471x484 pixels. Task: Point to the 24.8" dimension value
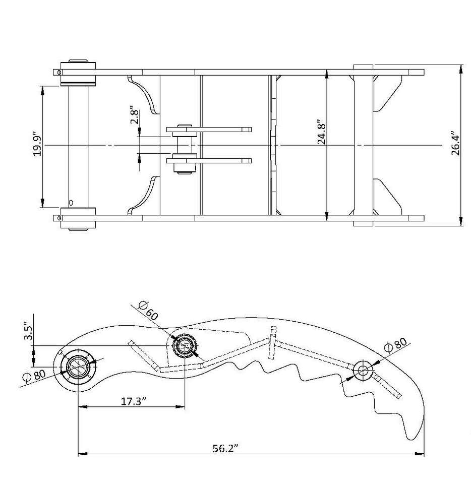pyautogui.click(x=321, y=133)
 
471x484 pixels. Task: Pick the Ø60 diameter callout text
pyautogui.click(x=147, y=311)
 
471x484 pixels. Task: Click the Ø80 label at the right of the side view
pyautogui.click(x=395, y=347)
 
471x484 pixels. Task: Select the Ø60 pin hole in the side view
pyautogui.click(x=185, y=346)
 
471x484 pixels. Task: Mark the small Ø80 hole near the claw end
pyautogui.click(x=363, y=371)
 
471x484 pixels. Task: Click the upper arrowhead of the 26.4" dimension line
pyautogui.click(x=461, y=68)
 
